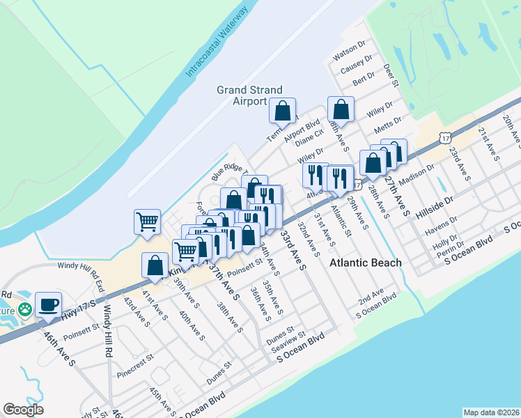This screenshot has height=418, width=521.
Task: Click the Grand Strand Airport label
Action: pyautogui.click(x=249, y=95)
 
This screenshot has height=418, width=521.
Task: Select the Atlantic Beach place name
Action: pyautogui.click(x=366, y=263)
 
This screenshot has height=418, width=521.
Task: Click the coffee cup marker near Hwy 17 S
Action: pyautogui.click(x=48, y=304)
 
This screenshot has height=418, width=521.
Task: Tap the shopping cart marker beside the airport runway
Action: pyautogui.click(x=147, y=222)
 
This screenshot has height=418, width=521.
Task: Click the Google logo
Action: pyautogui.click(x=23, y=410)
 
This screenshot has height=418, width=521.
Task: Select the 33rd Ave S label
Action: pyautogui.click(x=293, y=247)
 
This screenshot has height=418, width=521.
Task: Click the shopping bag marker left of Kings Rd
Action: pyautogui.click(x=154, y=265)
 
